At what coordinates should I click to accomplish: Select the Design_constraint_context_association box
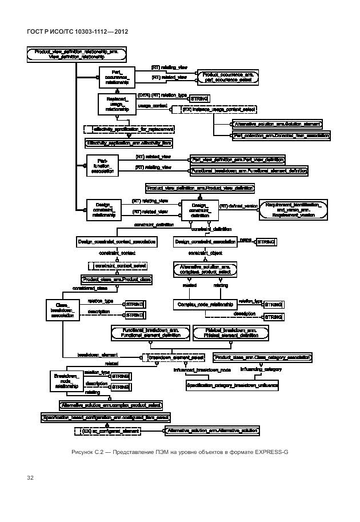pos(117,242)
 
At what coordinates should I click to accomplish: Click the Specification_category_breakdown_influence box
pos(233,386)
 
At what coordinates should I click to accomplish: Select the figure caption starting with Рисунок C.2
pos(180,452)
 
